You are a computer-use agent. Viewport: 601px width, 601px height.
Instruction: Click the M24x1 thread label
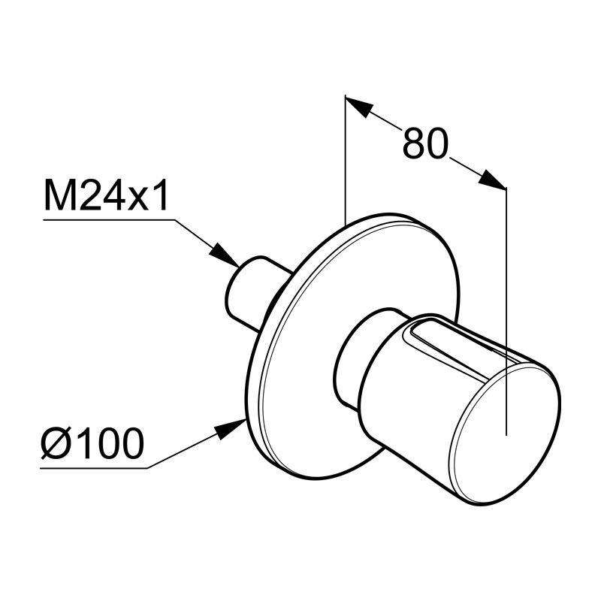106,195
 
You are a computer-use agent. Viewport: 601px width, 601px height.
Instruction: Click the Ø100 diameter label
92,443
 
